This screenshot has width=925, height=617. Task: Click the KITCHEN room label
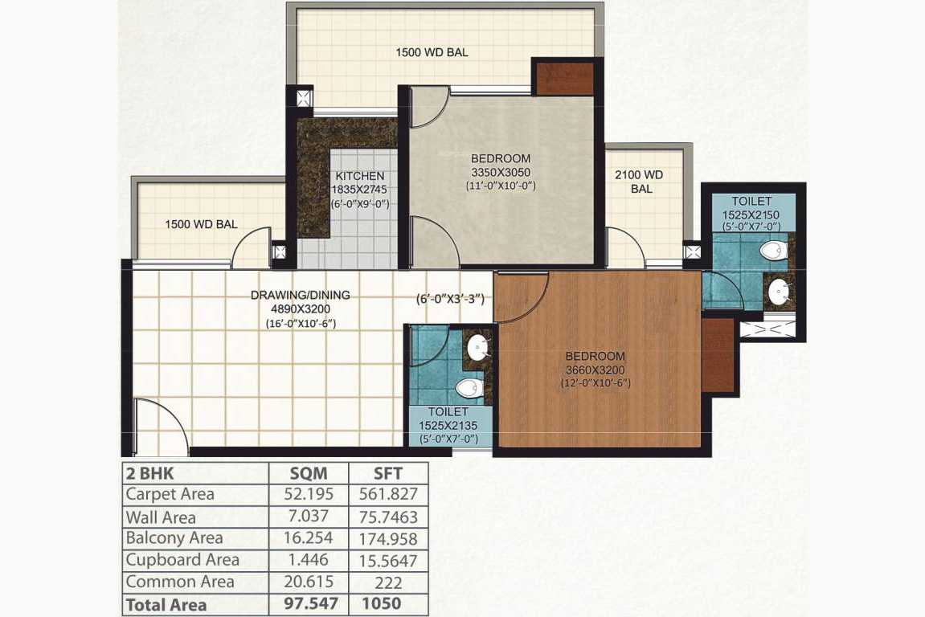point(360,176)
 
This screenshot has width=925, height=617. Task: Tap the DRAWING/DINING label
point(301,295)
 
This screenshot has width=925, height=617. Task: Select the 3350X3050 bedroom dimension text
point(500,172)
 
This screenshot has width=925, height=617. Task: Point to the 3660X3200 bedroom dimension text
point(595,370)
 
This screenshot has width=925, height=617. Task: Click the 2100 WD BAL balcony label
point(640,182)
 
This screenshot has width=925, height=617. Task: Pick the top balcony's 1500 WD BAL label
point(432,52)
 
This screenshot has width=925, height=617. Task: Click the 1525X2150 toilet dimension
point(751,215)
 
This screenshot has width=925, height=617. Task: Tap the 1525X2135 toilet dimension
point(448,426)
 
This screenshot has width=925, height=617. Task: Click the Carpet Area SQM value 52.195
point(309,494)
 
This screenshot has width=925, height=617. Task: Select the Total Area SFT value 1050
point(382,603)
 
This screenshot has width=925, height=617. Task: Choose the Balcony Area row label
point(174,538)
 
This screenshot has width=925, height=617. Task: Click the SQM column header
point(309,474)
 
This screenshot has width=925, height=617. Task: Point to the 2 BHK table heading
point(149,474)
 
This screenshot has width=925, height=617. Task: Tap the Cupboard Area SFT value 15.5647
point(388,561)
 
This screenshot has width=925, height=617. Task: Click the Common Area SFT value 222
point(388,582)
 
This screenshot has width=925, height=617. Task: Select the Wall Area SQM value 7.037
point(309,516)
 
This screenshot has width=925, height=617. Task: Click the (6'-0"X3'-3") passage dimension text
point(451,300)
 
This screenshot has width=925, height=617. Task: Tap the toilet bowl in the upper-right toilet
point(774,251)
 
